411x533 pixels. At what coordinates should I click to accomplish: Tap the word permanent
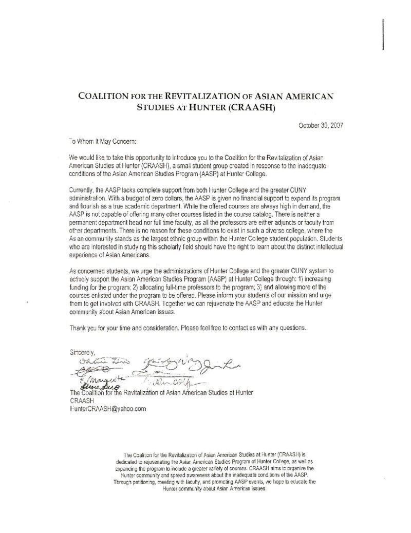click(85, 218)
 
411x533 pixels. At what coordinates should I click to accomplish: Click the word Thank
click(78, 327)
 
